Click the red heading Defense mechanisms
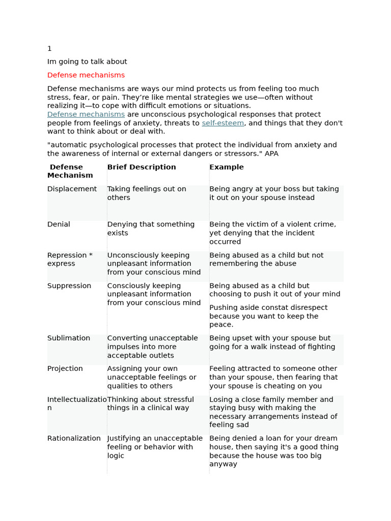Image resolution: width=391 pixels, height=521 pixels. tap(86, 75)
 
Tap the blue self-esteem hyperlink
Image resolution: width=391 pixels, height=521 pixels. tap(222, 123)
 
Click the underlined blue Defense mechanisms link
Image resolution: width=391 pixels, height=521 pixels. tap(86, 114)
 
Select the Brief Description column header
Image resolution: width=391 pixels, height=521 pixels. tap(142, 167)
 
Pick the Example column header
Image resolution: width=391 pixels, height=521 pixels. tap(227, 167)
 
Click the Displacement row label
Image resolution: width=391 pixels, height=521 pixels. tap(72, 189)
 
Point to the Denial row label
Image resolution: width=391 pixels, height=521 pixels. tap(59, 224)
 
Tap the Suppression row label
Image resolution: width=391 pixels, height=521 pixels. tap(69, 286)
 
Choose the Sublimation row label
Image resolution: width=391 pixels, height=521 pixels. tap(69, 338)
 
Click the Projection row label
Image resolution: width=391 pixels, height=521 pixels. tap(65, 369)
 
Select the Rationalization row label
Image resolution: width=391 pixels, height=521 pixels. tap(74, 439)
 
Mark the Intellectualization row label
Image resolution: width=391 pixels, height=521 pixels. tap(77, 403)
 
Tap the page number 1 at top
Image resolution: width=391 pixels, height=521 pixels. tap(49, 49)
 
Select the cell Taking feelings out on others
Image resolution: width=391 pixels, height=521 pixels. tap(147, 193)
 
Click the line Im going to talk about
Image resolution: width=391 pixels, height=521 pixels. tap(87, 62)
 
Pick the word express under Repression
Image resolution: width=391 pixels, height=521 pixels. tap(61, 264)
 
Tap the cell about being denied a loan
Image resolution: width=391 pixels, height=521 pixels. tap(274, 451)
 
